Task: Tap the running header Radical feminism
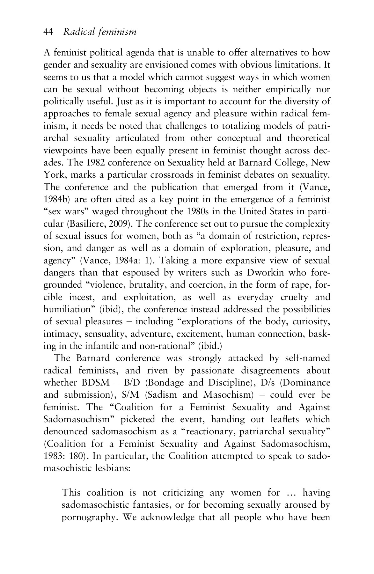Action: pyautogui.click(x=100, y=32)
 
